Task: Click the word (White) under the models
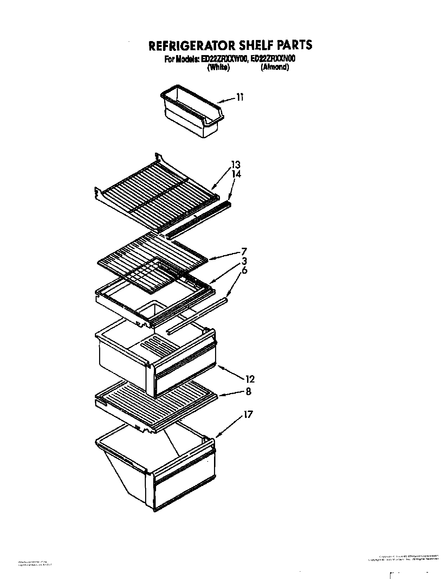[x=218, y=68]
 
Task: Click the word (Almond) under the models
[x=274, y=68]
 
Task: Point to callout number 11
[x=239, y=97]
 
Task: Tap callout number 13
[x=235, y=164]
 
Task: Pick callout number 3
[x=244, y=261]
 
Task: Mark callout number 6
[x=244, y=271]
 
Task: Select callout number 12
[x=250, y=379]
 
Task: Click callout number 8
[x=248, y=391]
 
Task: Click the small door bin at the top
[x=192, y=111]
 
